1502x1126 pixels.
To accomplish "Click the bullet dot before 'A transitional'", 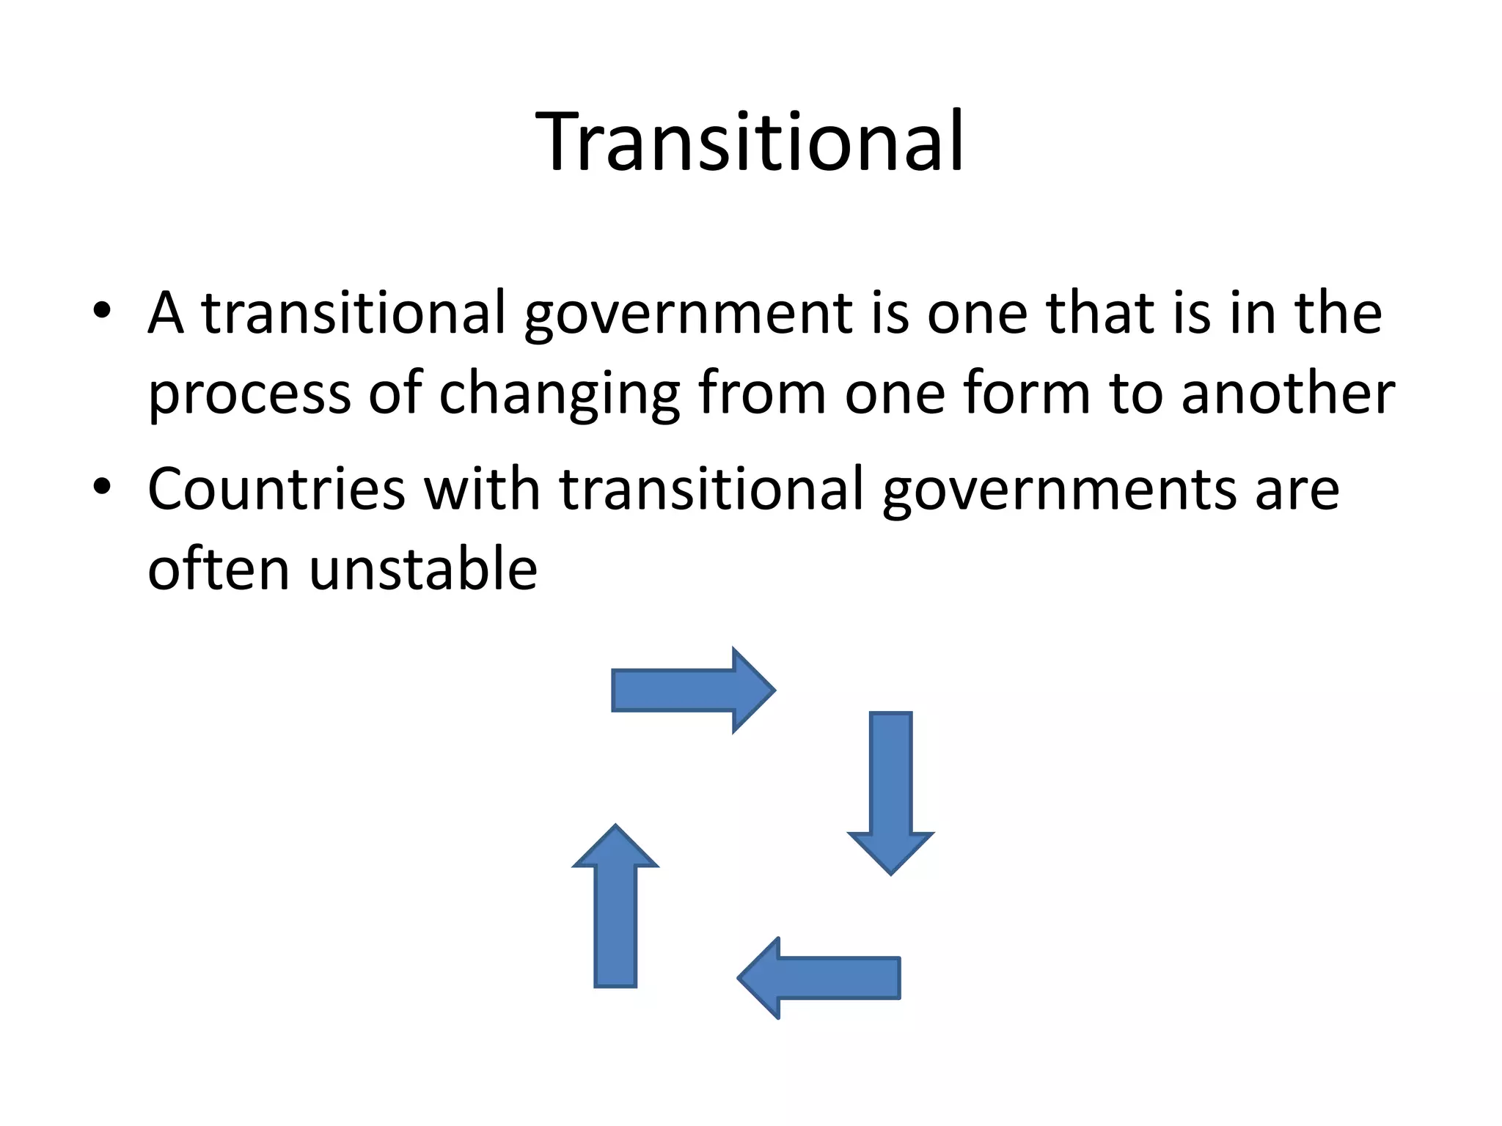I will click(x=102, y=311).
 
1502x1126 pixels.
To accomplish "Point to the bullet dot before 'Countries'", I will click(x=102, y=486).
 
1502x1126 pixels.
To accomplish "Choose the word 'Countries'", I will click(x=276, y=489).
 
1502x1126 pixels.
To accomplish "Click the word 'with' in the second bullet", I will click(x=482, y=489).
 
